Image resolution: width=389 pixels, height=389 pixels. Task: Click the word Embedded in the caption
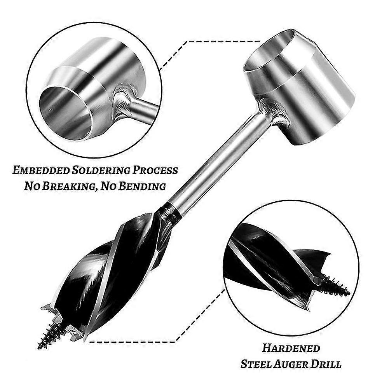click(41, 170)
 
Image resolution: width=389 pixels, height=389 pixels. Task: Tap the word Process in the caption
click(155, 170)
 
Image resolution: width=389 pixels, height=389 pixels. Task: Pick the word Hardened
click(291, 348)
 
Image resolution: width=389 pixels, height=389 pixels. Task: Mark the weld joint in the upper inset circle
click(123, 102)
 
